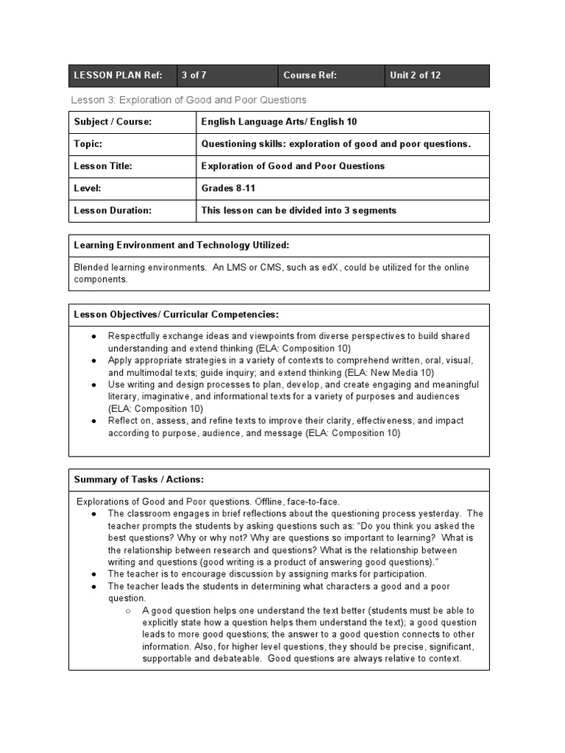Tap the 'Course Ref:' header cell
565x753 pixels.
pos(310,76)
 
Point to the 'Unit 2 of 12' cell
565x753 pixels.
pos(416,76)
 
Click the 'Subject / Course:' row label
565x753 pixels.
pos(113,122)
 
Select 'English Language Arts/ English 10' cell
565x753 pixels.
pos(279,122)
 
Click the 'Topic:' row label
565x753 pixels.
pos(88,144)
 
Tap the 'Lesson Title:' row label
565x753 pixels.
pos(103,166)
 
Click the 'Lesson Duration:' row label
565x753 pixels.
pos(113,210)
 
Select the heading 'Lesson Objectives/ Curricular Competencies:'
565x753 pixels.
pos(177,315)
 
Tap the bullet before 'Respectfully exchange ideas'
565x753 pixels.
pos(94,336)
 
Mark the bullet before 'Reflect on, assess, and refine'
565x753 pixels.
pos(94,421)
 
